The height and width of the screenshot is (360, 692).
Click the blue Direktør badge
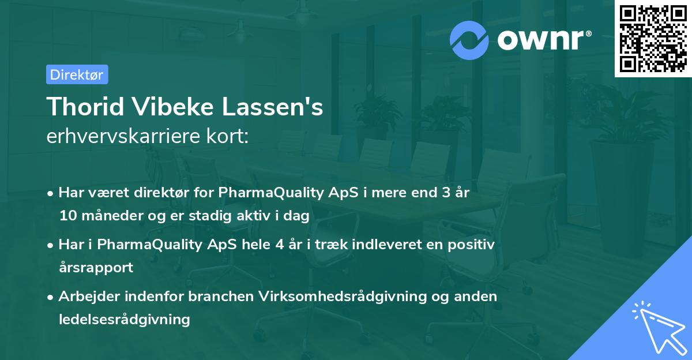[x=77, y=74]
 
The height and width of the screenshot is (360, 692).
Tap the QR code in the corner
[x=653, y=38]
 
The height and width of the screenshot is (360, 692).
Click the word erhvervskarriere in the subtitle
[x=122, y=137]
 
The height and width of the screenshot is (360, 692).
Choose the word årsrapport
[x=96, y=268]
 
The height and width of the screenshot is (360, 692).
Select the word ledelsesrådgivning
[x=124, y=319]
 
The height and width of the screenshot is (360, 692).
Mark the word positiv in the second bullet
[x=473, y=245]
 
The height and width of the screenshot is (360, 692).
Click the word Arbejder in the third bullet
[x=86, y=297]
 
